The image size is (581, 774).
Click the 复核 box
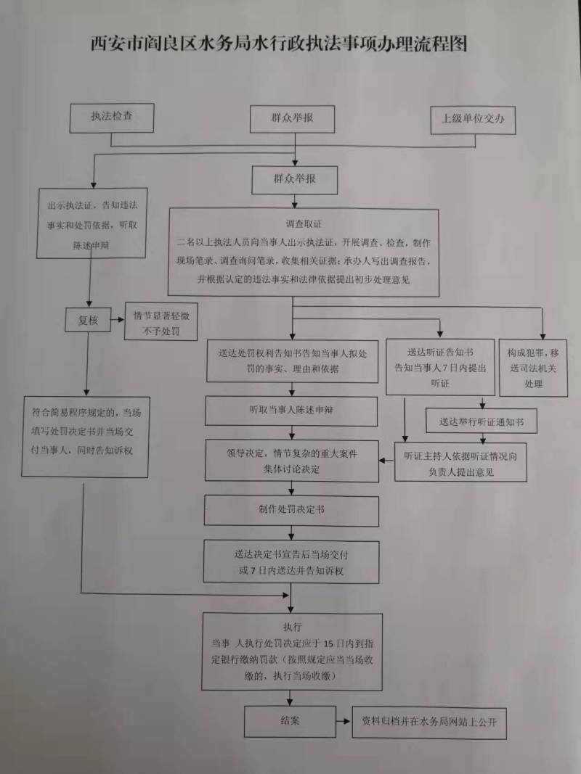[88, 320]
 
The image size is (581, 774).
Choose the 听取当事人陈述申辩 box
[291, 411]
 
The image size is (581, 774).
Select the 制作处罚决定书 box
[291, 510]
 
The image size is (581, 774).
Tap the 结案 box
[290, 722]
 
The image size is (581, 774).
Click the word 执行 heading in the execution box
[292, 626]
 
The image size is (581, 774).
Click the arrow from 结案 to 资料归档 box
[344, 722]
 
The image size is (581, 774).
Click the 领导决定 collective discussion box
[291, 461]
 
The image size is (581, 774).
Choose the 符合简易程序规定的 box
[86, 435]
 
